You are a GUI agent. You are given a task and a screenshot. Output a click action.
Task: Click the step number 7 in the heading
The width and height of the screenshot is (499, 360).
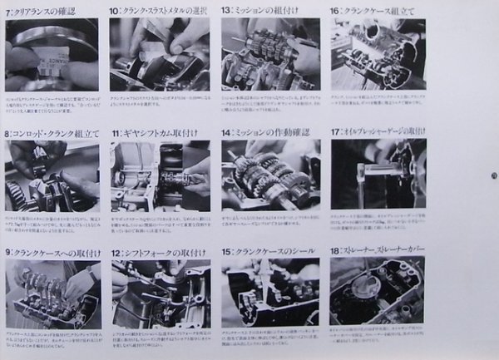[8, 11]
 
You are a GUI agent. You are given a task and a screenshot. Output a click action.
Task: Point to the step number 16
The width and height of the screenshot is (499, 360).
[335, 11]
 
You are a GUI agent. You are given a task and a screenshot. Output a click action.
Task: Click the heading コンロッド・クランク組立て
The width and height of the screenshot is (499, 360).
[55, 133]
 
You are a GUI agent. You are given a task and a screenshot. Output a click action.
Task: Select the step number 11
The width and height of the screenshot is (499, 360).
[115, 133]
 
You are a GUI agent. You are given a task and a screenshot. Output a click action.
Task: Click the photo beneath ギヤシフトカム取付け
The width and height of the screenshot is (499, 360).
[158, 176]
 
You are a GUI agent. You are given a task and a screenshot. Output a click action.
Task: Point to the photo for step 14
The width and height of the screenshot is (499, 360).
[270, 176]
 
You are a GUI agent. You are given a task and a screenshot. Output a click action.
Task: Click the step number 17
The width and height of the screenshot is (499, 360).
[335, 133]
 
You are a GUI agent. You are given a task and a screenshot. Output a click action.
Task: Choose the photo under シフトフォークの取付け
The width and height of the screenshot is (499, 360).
[158, 293]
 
